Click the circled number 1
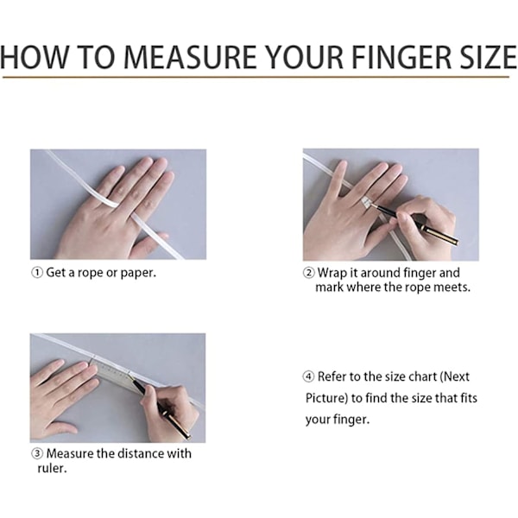[x=37, y=273]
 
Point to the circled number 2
[x=309, y=273]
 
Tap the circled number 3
[x=37, y=453]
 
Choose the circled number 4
[x=308, y=376]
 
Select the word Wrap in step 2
[x=332, y=273]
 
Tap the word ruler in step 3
[x=52, y=468]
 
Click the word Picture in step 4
[x=326, y=398]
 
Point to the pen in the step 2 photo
[x=416, y=224]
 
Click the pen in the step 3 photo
[x=161, y=409]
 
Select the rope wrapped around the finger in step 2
[x=367, y=203]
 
